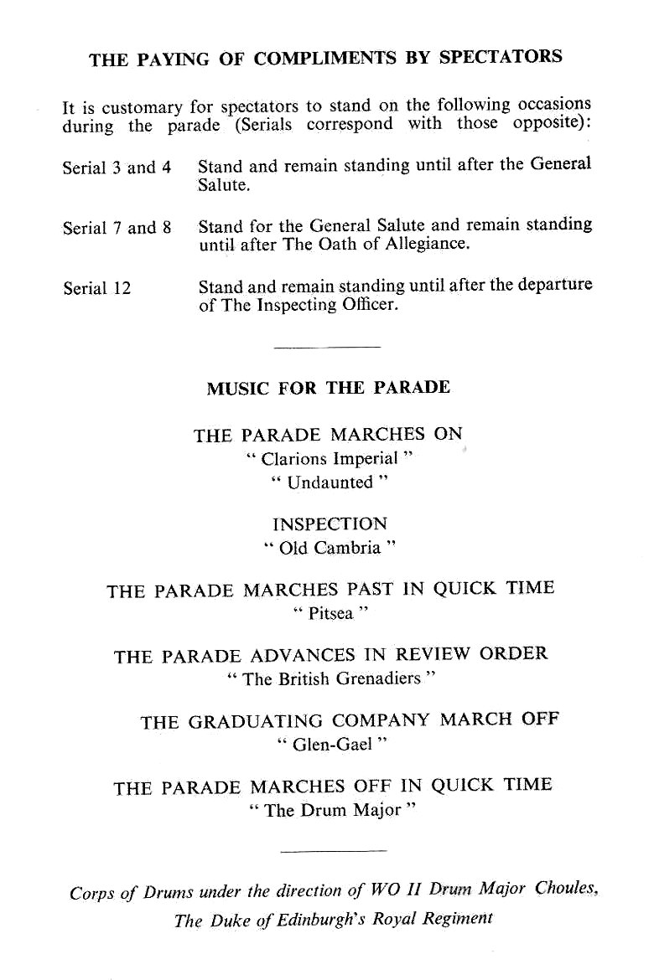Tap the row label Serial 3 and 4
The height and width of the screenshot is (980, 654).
(x=117, y=167)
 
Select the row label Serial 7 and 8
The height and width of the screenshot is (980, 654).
(x=117, y=227)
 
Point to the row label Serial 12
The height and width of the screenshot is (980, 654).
(x=96, y=288)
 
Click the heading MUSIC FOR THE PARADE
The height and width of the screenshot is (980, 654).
(x=328, y=388)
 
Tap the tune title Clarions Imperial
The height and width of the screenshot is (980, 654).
(x=330, y=459)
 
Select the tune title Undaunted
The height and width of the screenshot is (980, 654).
(x=330, y=482)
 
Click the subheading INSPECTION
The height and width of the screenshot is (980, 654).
(x=330, y=524)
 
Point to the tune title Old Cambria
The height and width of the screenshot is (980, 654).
(x=329, y=548)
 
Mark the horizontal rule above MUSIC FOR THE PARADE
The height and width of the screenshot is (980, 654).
(x=327, y=347)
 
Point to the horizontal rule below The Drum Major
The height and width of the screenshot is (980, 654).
(x=333, y=851)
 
